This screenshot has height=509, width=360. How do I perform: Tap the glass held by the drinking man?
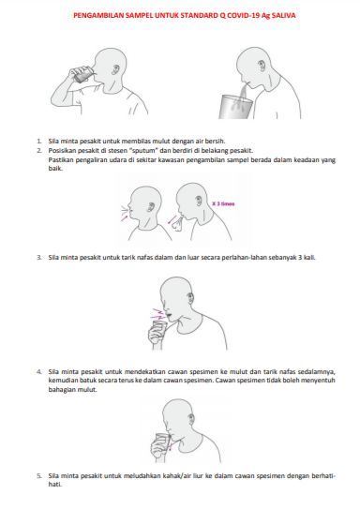pyautogui.click(x=82, y=74)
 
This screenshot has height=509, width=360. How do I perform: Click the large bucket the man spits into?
pyautogui.click(x=235, y=106)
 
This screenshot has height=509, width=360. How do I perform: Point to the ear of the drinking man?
pyautogui.click(x=116, y=69)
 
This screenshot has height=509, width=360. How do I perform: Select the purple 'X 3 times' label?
pyautogui.click(x=223, y=203)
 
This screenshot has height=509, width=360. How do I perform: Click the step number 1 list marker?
pyautogui.click(x=39, y=142)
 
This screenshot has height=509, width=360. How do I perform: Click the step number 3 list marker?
pyautogui.click(x=39, y=258)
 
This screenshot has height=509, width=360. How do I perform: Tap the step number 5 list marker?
pyautogui.click(x=39, y=476)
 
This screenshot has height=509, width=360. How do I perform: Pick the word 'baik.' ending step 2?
pyautogui.click(x=55, y=169)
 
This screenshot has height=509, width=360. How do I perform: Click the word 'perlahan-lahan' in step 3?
pyautogui.click(x=245, y=258)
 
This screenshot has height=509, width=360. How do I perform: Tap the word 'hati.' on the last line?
pyautogui.click(x=55, y=485)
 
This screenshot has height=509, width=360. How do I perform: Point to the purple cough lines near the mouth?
pyautogui.click(x=158, y=313)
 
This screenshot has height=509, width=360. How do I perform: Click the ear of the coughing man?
pyautogui.click(x=190, y=297)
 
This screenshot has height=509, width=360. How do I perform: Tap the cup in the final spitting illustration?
pyautogui.click(x=162, y=442)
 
